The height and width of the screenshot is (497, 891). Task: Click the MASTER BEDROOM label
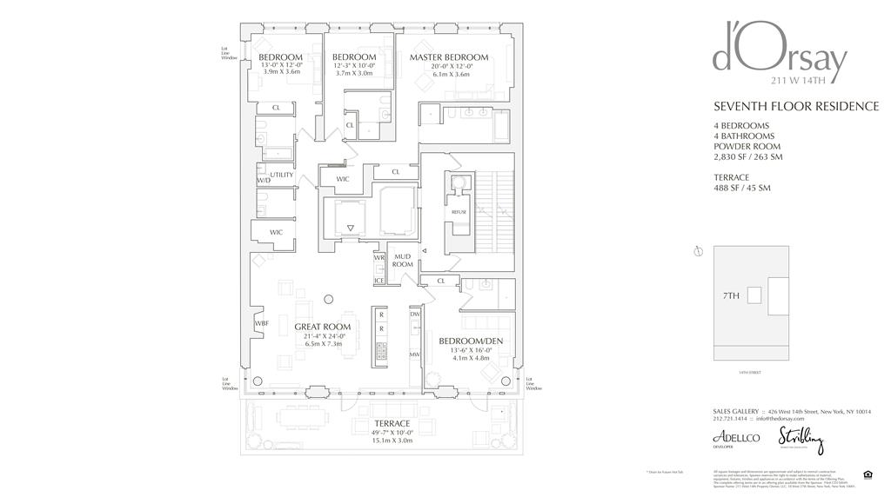pyautogui.click(x=448, y=57)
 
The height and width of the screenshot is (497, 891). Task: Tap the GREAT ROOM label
pyautogui.click(x=322, y=328)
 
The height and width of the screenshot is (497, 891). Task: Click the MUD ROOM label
pyautogui.click(x=402, y=260)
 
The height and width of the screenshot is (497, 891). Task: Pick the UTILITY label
pyautogui.click(x=282, y=176)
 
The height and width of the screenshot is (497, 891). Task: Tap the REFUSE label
pyautogui.click(x=459, y=212)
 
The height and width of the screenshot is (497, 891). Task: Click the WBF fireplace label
pyautogui.click(x=260, y=323)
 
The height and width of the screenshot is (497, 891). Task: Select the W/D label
pyautogui.click(x=264, y=181)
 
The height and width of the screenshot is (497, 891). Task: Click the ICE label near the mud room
pyautogui.click(x=379, y=281)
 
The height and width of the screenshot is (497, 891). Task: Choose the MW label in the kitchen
pyautogui.click(x=415, y=355)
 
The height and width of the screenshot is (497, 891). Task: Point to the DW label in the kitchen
pyautogui.click(x=415, y=315)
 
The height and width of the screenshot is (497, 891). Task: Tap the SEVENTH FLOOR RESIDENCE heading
pyautogui.click(x=795, y=107)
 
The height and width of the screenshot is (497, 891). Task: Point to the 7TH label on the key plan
pyautogui.click(x=731, y=295)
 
